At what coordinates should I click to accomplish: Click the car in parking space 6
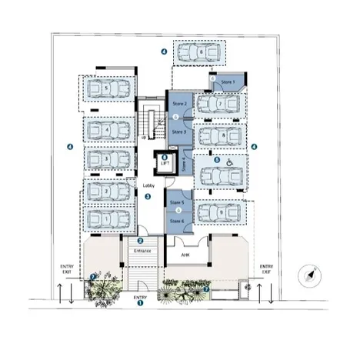pos(199,53)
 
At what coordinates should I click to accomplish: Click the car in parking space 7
pos(219,104)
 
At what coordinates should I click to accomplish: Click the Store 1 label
pos(227,82)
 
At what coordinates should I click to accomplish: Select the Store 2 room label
pos(179,102)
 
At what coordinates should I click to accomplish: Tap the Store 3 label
pos(179,132)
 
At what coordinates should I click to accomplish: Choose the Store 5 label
pos(176,202)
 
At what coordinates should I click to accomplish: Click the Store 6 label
pos(176,221)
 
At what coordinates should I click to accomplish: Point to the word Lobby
pos(149,185)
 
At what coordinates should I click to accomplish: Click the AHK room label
pos(185,253)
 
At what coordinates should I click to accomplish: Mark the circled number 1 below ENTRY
pos(140,303)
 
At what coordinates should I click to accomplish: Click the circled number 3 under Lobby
pos(148,196)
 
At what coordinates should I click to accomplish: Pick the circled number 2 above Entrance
pos(140,241)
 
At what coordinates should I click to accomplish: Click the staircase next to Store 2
pos(152,122)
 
